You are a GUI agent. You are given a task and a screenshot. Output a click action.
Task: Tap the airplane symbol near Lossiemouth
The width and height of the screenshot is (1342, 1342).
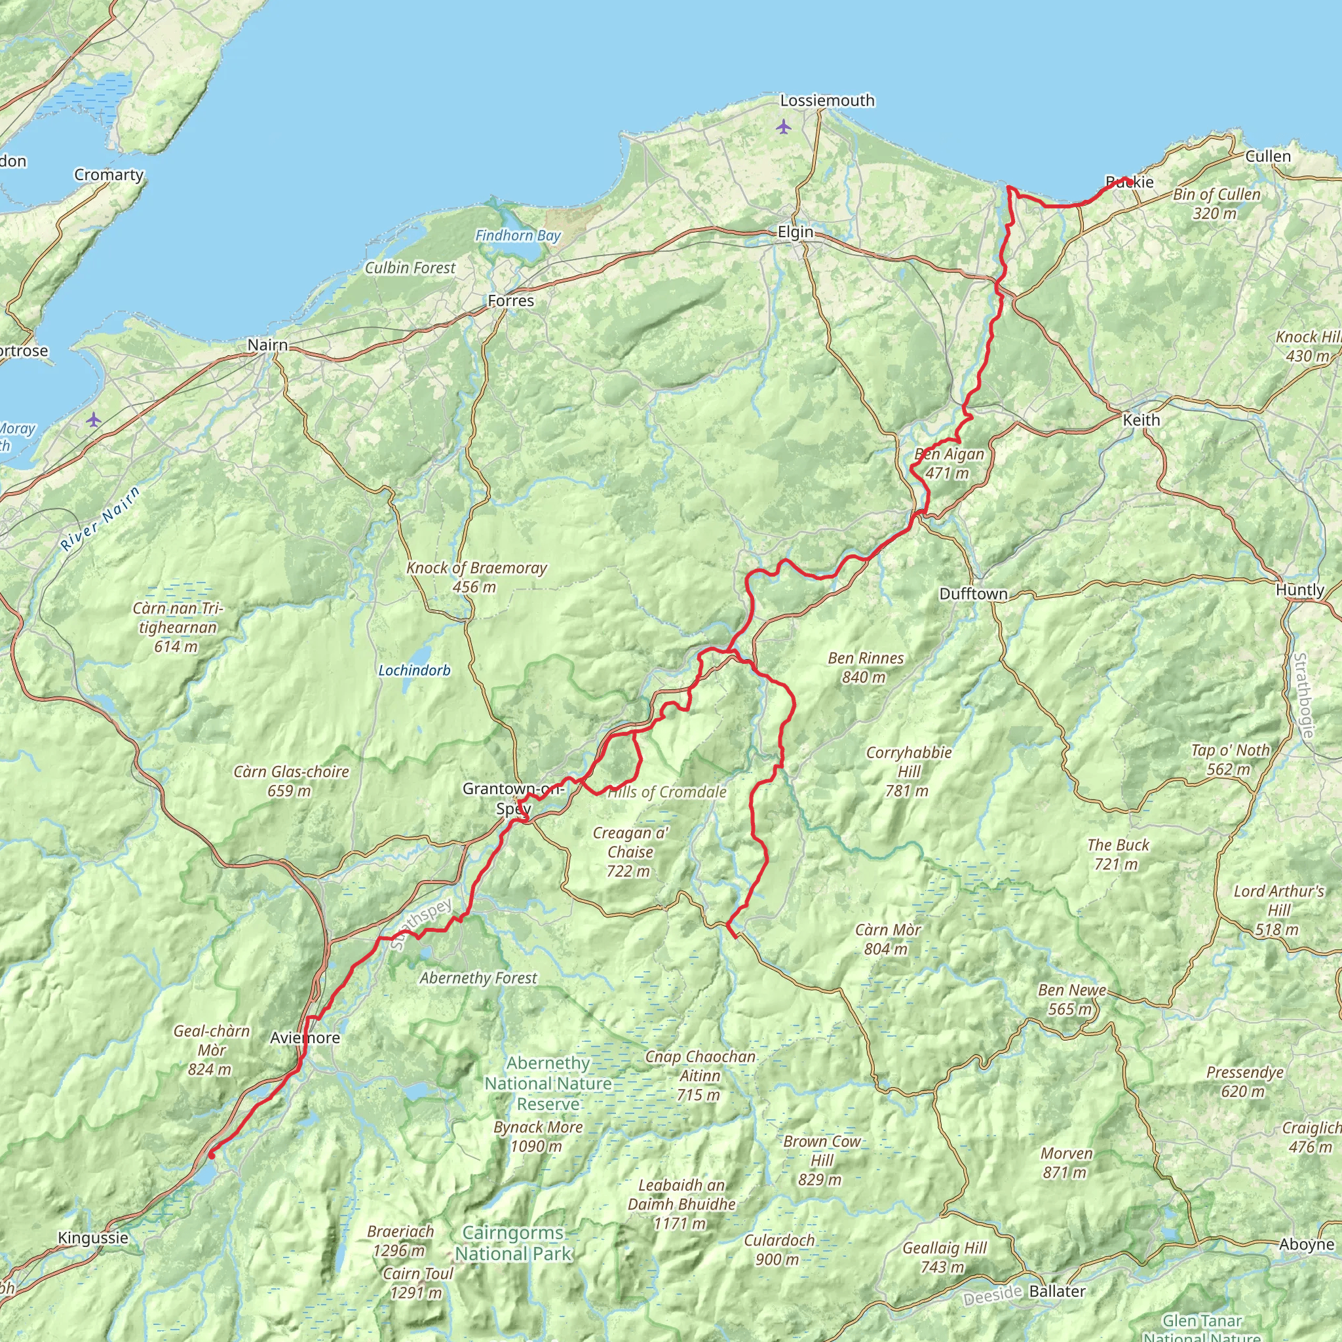784,127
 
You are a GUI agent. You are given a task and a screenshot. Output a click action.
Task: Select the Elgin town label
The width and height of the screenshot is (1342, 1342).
795,232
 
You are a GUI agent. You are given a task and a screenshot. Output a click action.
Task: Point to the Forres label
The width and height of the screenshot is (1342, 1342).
510,301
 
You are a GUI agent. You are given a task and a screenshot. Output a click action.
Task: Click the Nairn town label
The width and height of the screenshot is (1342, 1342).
267,345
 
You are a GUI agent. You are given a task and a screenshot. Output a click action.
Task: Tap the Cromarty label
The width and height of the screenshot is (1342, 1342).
108,175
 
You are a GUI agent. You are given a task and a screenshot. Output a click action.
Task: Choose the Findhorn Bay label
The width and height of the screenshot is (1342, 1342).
518,236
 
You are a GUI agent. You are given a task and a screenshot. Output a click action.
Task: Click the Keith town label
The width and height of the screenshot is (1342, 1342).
1141,420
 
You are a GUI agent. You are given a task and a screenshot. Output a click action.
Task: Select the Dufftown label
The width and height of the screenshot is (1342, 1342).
972,594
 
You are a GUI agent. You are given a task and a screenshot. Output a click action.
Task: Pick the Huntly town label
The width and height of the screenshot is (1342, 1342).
1299,590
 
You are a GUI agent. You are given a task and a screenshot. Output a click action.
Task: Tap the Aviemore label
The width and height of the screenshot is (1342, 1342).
305,1038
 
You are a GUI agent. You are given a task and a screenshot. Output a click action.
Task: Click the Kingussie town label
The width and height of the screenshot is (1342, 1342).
93,1238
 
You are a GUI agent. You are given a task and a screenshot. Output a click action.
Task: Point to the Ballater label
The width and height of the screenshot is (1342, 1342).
1056,1292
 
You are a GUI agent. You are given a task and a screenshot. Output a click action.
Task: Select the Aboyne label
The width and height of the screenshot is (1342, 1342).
1307,1245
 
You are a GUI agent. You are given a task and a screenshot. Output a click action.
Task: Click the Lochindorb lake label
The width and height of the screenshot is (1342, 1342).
414,670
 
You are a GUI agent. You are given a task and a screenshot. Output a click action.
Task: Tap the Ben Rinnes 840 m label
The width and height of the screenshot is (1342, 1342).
866,668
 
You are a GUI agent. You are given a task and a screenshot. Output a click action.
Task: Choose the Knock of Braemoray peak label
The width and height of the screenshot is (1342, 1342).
476,577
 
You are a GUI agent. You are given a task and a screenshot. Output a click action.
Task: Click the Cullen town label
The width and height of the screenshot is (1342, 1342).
1268,157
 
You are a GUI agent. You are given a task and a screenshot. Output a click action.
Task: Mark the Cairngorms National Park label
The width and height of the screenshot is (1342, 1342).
512,1243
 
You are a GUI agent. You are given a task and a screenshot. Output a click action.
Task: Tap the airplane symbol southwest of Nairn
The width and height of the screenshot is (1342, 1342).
94,419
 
